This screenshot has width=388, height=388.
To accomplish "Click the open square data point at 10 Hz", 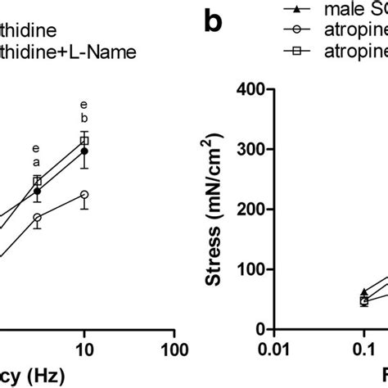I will point(83,141).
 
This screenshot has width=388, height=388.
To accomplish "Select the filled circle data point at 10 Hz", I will point(83,151).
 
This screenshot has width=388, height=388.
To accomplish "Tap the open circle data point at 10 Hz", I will point(83,195).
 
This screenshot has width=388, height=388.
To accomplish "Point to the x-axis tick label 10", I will point(83,350).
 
